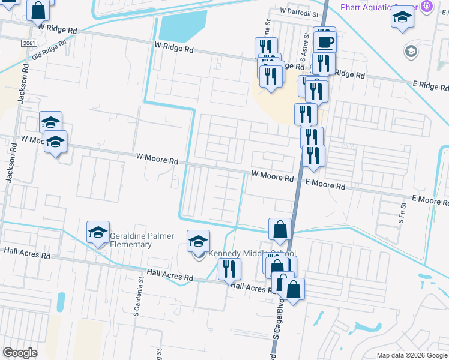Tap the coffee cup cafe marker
coord(325,41)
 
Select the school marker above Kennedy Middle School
coord(199,241)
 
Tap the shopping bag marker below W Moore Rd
coord(280,229)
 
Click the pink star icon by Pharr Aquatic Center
coord(427,7)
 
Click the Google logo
coord(20,353)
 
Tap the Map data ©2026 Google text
coord(412,355)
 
